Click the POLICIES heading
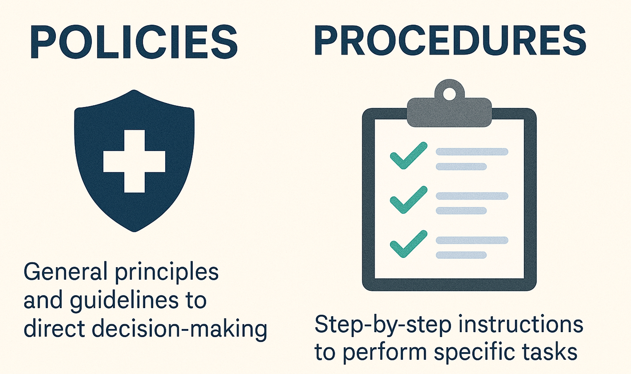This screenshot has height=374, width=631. point(133,42)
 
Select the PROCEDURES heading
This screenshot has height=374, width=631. point(450,40)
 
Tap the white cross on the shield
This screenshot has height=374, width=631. point(134,161)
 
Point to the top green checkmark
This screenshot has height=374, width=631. point(408,156)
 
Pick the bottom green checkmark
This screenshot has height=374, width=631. point(408,244)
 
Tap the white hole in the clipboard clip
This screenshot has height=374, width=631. point(449,94)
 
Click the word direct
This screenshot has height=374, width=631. point(54,329)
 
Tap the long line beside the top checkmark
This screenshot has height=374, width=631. point(472,152)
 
